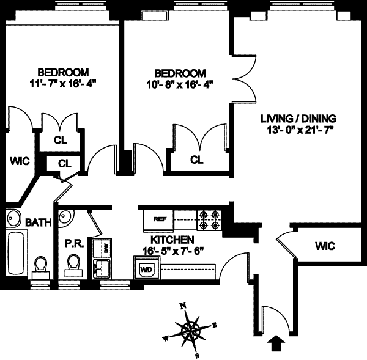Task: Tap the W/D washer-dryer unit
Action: tap(146, 268)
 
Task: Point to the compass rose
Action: tap(191, 330)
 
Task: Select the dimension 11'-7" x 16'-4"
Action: tap(63, 83)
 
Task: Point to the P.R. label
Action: tap(73, 243)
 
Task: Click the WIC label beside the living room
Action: tap(325, 246)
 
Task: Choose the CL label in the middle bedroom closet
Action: tap(196, 160)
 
